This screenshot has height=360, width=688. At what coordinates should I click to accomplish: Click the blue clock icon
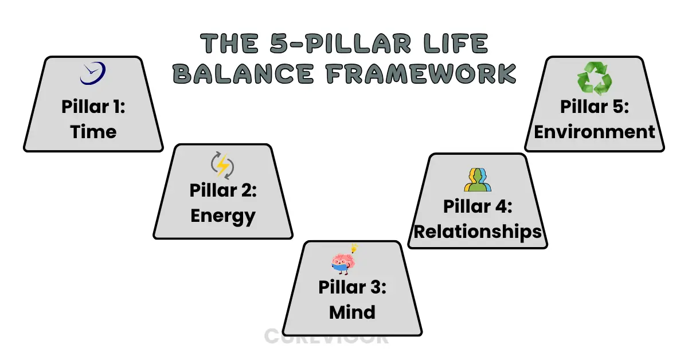(x=93, y=73)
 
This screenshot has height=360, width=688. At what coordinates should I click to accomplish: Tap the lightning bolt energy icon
(x=222, y=165)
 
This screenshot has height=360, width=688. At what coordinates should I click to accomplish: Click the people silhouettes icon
(x=478, y=179)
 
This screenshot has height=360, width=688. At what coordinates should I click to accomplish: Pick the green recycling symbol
(x=595, y=79)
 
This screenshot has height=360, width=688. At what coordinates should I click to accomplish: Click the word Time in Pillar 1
(x=93, y=132)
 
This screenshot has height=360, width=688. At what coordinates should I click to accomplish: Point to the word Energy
(x=223, y=216)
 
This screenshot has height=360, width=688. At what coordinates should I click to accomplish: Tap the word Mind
(x=352, y=312)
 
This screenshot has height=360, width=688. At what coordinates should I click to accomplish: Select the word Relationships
(x=478, y=231)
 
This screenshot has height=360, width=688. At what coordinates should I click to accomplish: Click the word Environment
(x=595, y=132)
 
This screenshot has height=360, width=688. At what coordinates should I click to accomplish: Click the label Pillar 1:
(x=93, y=107)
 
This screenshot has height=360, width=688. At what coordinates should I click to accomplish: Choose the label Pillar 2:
(x=223, y=191)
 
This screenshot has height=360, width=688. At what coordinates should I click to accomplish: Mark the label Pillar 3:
(x=352, y=287)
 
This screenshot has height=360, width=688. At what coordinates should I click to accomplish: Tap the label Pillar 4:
(x=478, y=206)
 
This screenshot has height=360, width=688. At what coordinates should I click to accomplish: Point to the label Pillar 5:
(x=595, y=107)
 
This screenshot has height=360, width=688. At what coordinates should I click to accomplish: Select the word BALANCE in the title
(x=243, y=73)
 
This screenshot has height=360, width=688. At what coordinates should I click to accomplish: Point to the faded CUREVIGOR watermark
(x=326, y=336)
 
